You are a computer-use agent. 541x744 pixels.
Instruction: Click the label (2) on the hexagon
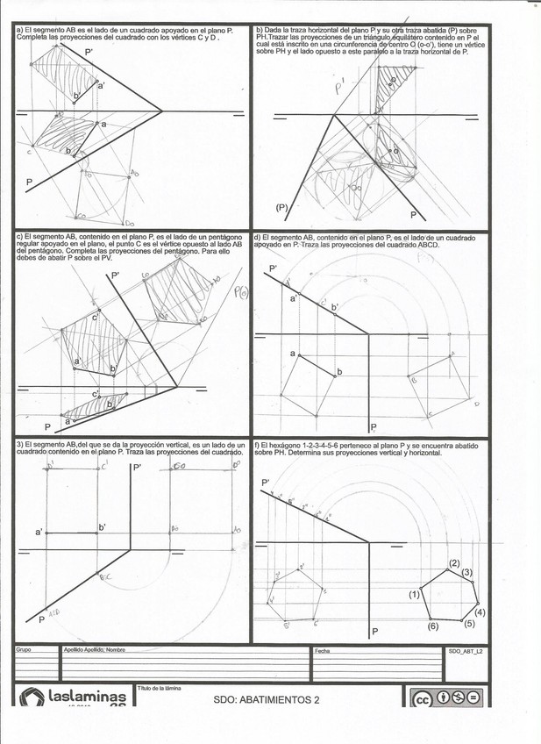[454, 562]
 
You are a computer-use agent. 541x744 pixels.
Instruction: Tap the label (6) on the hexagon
[432, 626]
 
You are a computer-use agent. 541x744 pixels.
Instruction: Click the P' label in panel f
[265, 483]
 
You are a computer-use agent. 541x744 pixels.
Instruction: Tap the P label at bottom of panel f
[374, 632]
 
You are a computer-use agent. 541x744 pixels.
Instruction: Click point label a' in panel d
[295, 298]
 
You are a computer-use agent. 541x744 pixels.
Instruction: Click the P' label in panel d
[273, 268]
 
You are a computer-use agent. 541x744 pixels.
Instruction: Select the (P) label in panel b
[281, 207]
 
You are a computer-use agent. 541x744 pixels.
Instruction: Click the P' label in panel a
[89, 53]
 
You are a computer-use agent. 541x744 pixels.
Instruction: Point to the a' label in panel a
[101, 85]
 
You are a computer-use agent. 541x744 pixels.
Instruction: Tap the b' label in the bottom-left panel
[102, 526]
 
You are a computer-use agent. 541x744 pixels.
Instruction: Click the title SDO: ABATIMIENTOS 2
[267, 699]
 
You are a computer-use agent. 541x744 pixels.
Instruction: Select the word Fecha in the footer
[321, 650]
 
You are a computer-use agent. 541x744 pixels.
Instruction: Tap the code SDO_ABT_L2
[465, 651]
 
